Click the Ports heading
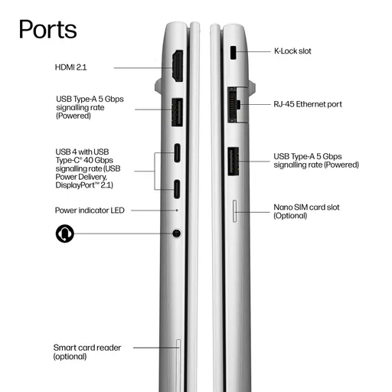tap(47, 30)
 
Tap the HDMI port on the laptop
tap(178, 66)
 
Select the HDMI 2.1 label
tap(71, 67)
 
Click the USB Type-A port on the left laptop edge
tap(177, 113)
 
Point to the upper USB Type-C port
tap(177, 153)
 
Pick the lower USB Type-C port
tap(177, 189)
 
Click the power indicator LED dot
tap(177, 211)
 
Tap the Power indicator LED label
tap(90, 211)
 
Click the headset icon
tap(65, 234)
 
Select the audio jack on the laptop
tap(176, 234)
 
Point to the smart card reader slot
tap(178, 365)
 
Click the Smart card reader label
tap(87, 352)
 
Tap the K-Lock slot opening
tap(233, 53)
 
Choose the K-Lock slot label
tap(292, 51)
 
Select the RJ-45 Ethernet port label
tap(308, 104)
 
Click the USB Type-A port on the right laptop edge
tap(234, 162)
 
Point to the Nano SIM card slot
tap(234, 211)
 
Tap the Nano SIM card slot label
tap(306, 211)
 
